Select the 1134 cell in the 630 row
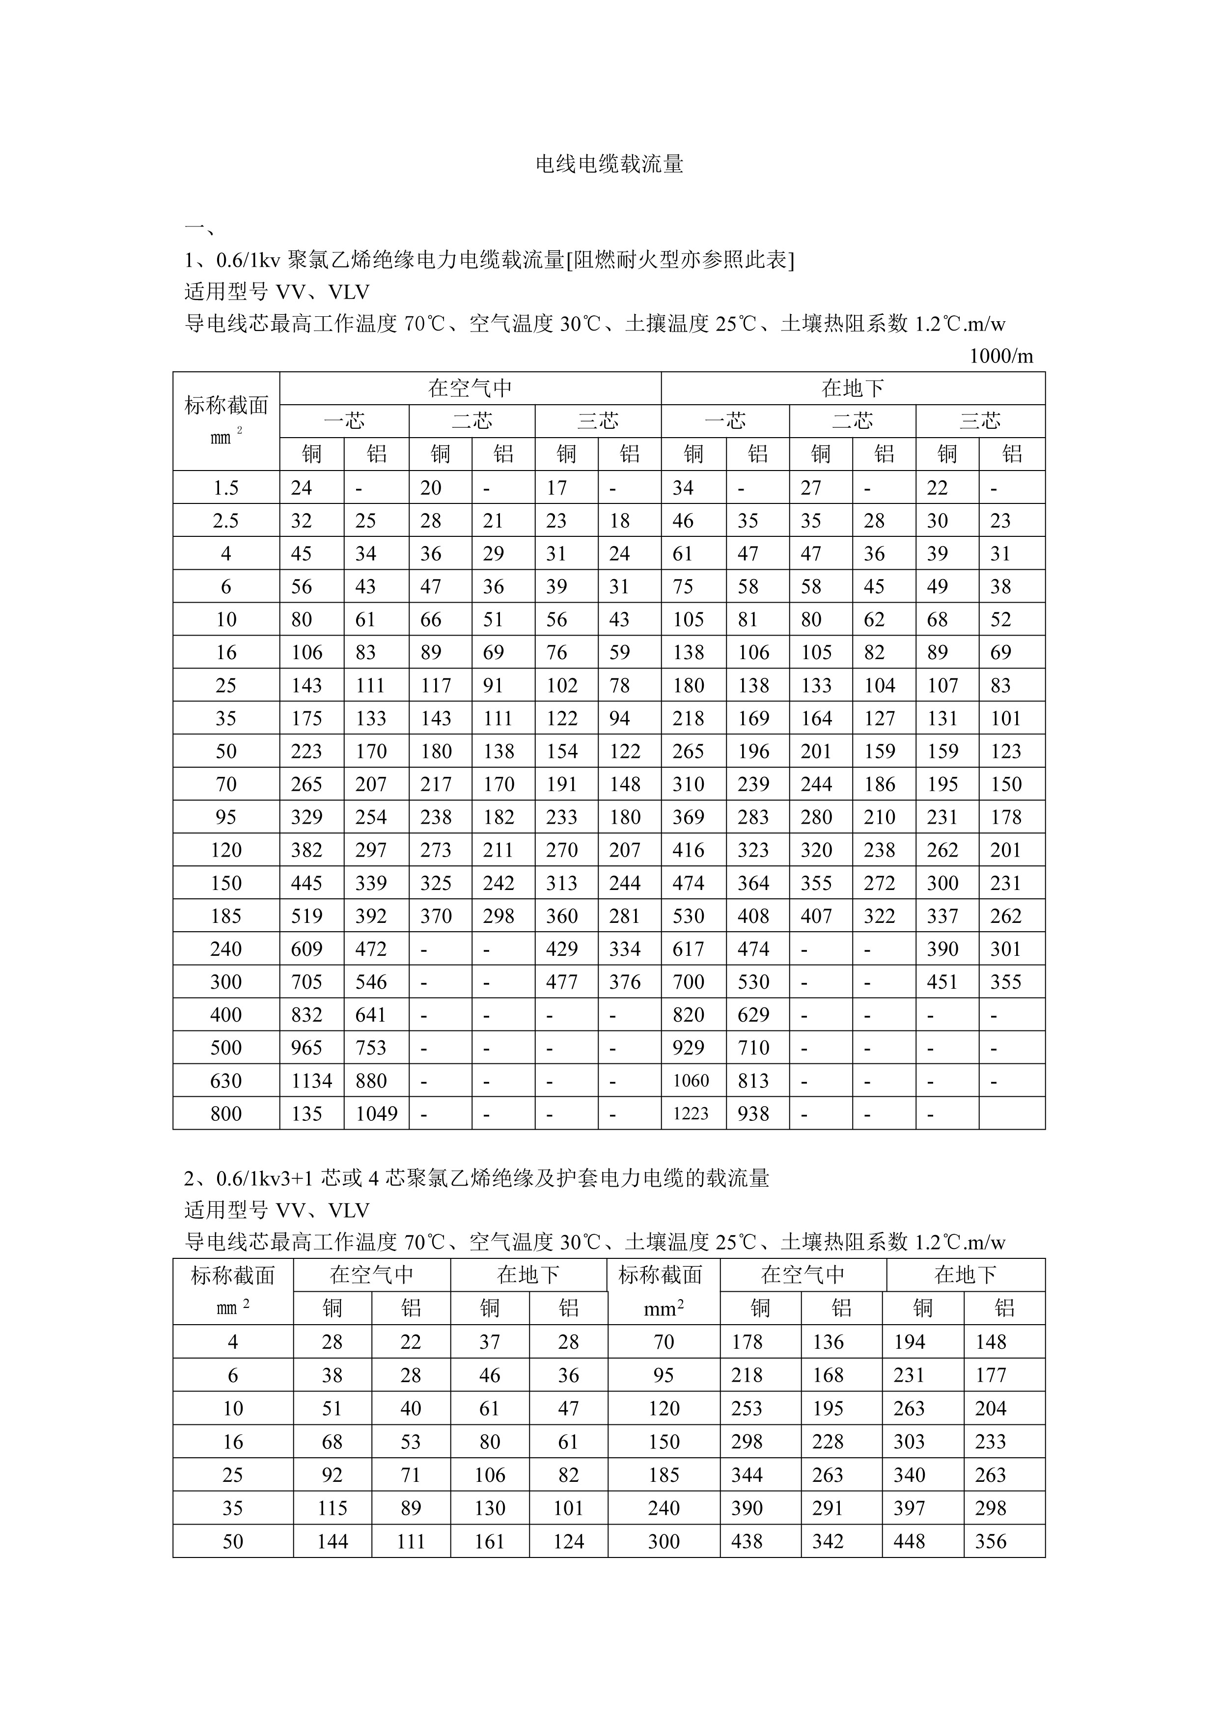coord(311,1081)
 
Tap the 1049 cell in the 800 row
coord(376,1113)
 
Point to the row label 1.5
coord(226,488)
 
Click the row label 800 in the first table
coord(226,1113)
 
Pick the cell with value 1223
coord(691,1113)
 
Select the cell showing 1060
coord(691,1081)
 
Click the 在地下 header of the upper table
coord(853,388)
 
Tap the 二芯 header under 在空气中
coord(471,421)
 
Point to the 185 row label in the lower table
coord(664,1475)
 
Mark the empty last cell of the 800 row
coord(1012,1113)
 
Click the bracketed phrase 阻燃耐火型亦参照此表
coord(679,260)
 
